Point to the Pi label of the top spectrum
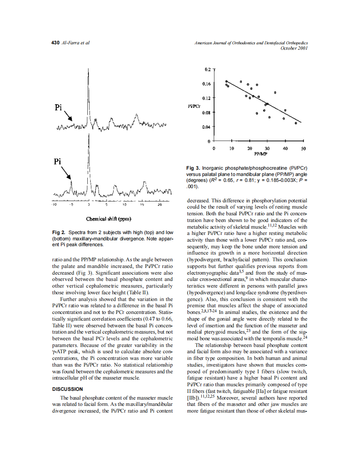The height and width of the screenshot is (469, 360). [x=58, y=107]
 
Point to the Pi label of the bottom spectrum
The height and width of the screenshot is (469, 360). [x=58, y=161]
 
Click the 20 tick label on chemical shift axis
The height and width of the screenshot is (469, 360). [x=160, y=205]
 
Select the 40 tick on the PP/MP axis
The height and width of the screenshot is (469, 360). [x=285, y=148]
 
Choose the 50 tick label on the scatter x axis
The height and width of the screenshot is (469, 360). [x=304, y=148]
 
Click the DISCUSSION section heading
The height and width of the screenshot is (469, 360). [x=67, y=389]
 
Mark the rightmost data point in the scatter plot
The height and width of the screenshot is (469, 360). [x=296, y=123]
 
